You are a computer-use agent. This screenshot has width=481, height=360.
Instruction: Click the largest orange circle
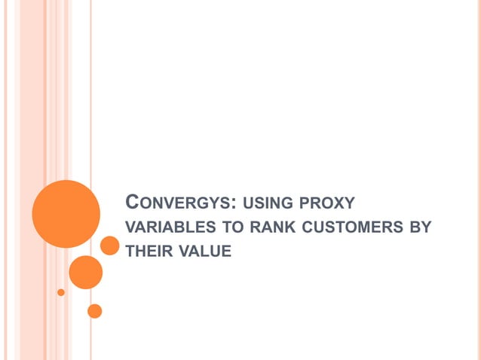[x=66, y=214]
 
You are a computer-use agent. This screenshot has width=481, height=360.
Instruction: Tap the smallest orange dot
[x=61, y=292]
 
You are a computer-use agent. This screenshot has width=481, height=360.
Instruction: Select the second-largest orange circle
[x=85, y=272]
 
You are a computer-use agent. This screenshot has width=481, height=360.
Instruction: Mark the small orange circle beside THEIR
[x=110, y=246]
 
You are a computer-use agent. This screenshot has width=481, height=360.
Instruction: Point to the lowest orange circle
[x=94, y=310]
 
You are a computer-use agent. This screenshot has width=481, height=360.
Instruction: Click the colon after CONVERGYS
[x=237, y=204]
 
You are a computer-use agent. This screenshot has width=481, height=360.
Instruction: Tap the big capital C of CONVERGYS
[x=133, y=201]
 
